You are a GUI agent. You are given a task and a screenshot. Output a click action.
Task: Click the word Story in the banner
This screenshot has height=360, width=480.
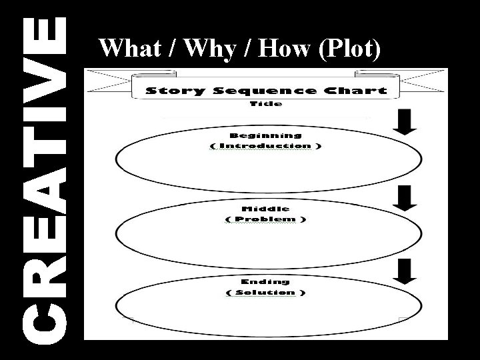point(173,91)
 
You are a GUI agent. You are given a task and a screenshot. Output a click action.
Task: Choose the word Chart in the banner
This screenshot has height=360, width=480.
point(353,91)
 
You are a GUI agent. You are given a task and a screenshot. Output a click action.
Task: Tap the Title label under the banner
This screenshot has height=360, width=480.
point(266,104)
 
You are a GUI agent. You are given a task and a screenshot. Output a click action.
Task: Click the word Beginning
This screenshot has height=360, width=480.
point(266,135)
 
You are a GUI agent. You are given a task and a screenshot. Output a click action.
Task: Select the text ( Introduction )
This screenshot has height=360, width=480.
point(265,146)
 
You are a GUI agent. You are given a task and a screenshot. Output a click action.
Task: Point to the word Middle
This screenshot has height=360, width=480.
point(266,208)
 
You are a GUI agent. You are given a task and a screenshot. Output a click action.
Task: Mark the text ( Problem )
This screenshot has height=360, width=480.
point(266,219)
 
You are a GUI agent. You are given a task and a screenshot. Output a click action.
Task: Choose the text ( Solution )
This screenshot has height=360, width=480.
point(266,293)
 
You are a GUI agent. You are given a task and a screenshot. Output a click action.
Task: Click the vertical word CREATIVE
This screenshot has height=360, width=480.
point(45,180)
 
